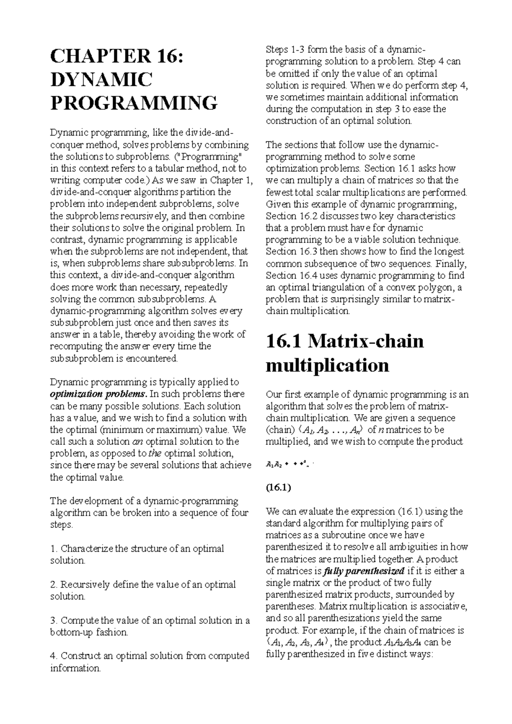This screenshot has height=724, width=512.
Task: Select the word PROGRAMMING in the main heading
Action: click(134, 103)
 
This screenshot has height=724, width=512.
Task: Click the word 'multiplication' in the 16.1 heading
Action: click(327, 365)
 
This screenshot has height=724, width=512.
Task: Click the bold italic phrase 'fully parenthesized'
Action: click(364, 571)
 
